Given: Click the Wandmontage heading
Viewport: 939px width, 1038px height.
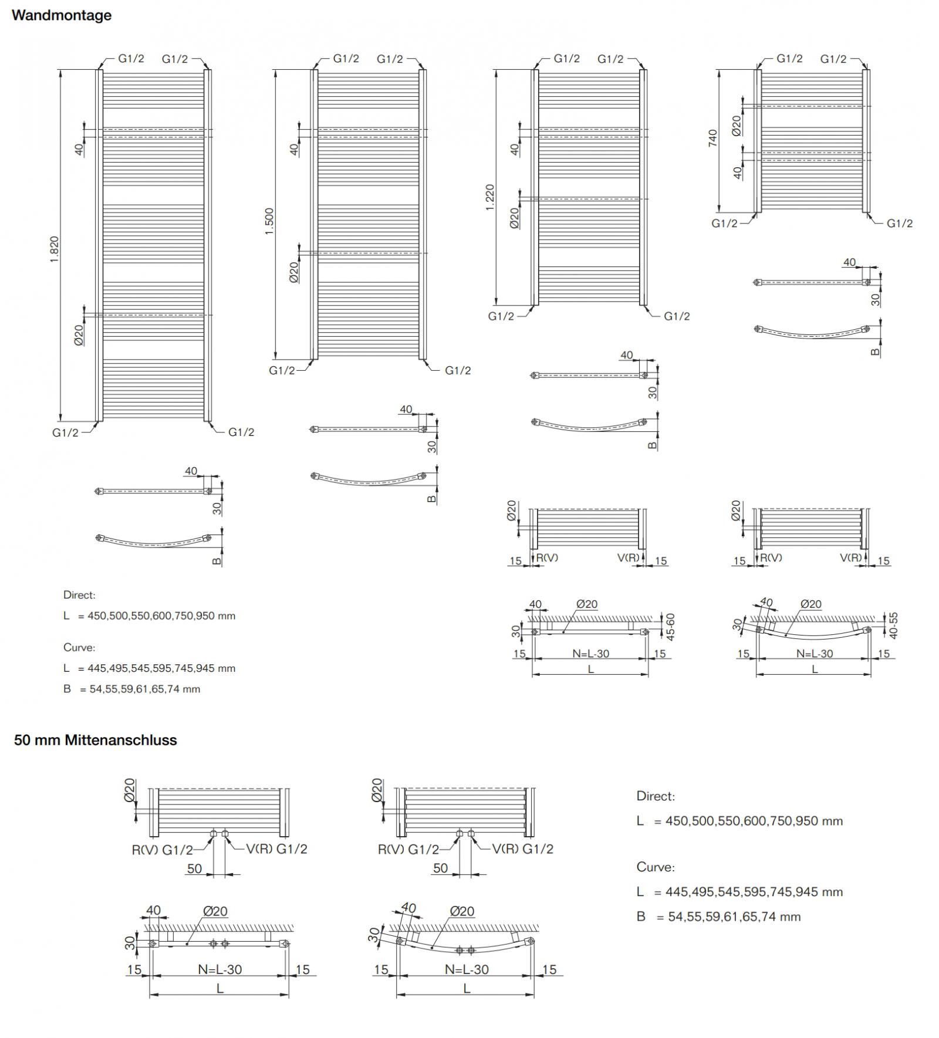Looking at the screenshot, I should coord(62,15).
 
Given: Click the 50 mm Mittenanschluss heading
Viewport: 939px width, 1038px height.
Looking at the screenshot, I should coord(96,740).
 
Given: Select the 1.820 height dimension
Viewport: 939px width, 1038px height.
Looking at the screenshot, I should coord(54,249).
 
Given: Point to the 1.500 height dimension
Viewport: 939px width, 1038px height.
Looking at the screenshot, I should coord(269,221).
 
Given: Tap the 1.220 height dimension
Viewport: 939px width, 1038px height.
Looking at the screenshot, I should coord(490,198).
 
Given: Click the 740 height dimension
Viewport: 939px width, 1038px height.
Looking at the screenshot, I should coord(713,138).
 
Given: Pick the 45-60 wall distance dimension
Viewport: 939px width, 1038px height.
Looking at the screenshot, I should coord(671,626).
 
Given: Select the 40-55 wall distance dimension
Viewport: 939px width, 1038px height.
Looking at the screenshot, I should coord(894,625).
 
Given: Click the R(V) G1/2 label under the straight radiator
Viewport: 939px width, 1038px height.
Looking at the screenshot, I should coord(163,850).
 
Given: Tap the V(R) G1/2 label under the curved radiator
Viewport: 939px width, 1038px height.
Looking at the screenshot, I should coord(522,848).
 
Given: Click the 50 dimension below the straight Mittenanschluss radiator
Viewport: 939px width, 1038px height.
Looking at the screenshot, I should coord(194,868).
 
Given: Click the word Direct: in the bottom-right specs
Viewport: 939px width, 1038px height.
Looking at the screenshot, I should coord(656,796).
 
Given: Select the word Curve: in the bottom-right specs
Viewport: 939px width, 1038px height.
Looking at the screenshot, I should coord(656,867).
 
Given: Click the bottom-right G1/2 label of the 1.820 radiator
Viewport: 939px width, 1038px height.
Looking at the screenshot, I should coord(241,432).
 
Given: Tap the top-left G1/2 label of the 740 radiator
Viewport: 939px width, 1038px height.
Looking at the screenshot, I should coord(789,59).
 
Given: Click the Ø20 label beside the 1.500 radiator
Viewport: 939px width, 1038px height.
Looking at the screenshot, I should coord(294,272).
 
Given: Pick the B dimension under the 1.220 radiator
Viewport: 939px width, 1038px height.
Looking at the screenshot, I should coord(653,445).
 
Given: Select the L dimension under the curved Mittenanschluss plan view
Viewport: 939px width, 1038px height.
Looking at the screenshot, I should coord(467,989).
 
